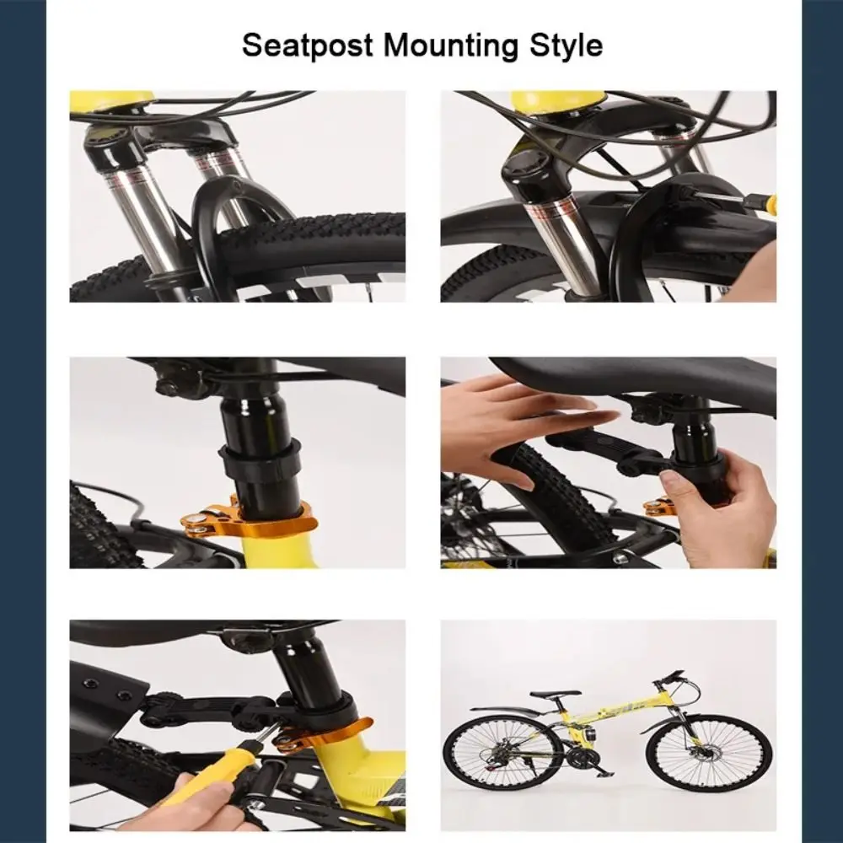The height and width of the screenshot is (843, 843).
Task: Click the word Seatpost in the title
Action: pyautogui.click(x=304, y=44)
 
